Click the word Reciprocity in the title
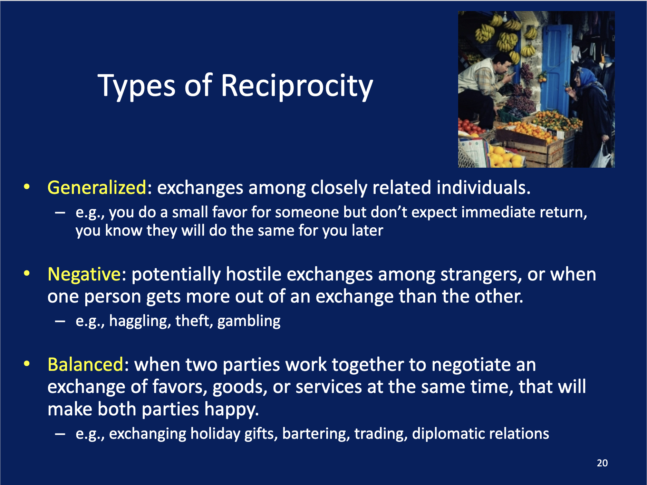click(297, 86)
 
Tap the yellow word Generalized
click(97, 188)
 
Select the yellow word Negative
click(84, 275)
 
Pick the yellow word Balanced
click(85, 365)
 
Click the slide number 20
click(602, 463)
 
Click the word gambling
click(249, 321)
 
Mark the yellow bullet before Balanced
click(27, 364)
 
